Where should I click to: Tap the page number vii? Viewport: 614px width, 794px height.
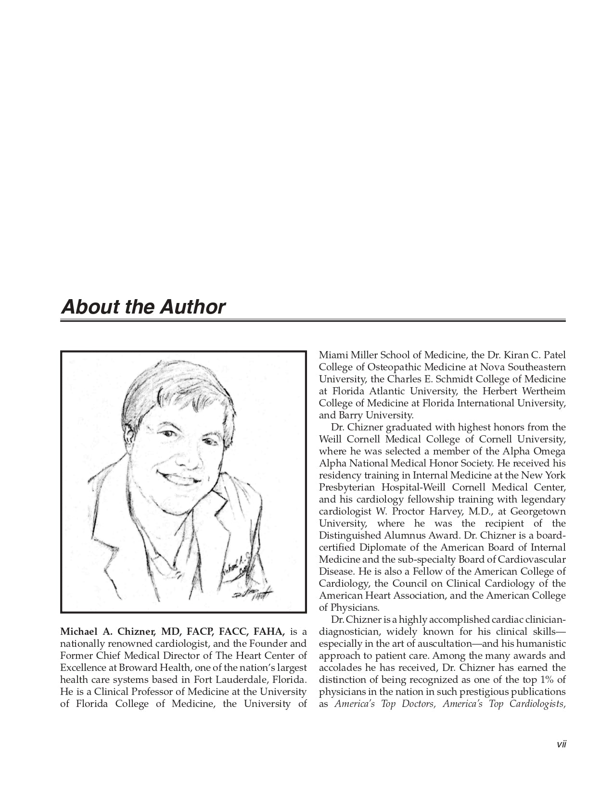561,744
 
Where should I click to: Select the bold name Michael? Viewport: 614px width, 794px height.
78,631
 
